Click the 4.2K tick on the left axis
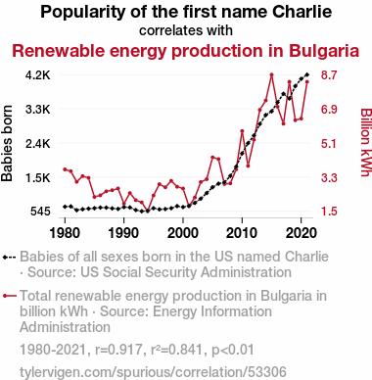[38, 75]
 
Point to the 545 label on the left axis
[40, 212]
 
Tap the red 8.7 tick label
[329, 75]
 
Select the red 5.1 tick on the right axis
[329, 144]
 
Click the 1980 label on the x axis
[65, 233]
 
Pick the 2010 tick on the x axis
[242, 233]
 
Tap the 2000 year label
[183, 233]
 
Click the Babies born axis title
[7, 143]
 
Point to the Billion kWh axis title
[366, 143]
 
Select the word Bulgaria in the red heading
[324, 51]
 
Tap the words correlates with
[186, 30]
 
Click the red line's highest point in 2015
[271, 74]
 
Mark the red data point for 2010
[242, 131]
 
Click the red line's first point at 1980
[65, 169]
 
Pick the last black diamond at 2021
[306, 74]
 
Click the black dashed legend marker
[9, 258]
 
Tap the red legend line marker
[9, 296]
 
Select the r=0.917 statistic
[118, 350]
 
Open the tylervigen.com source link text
[153, 372]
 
